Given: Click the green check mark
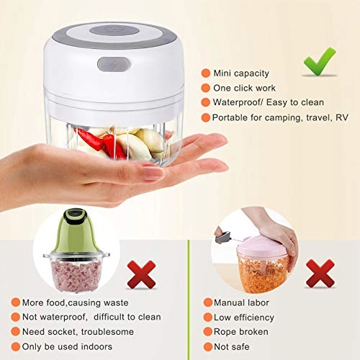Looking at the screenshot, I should pos(319,62).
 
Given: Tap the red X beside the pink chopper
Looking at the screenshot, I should pos(320,274).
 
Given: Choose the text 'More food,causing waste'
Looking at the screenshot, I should pos(78,302).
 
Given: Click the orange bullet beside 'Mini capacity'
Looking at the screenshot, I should pos(207,73).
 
